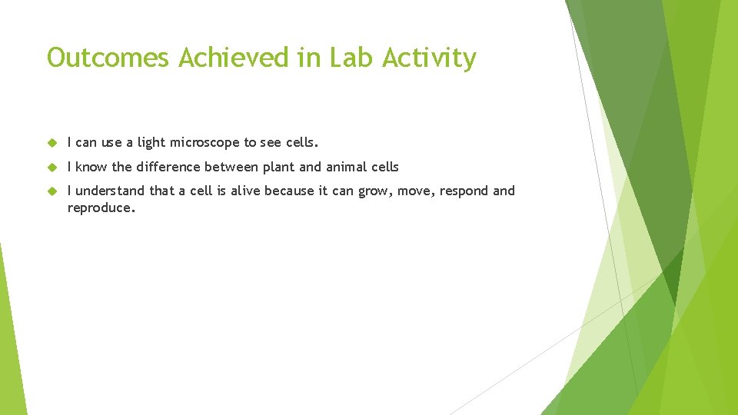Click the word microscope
[205, 143]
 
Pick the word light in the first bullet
[151, 143]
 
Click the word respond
[462, 191]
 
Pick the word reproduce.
[101, 208]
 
